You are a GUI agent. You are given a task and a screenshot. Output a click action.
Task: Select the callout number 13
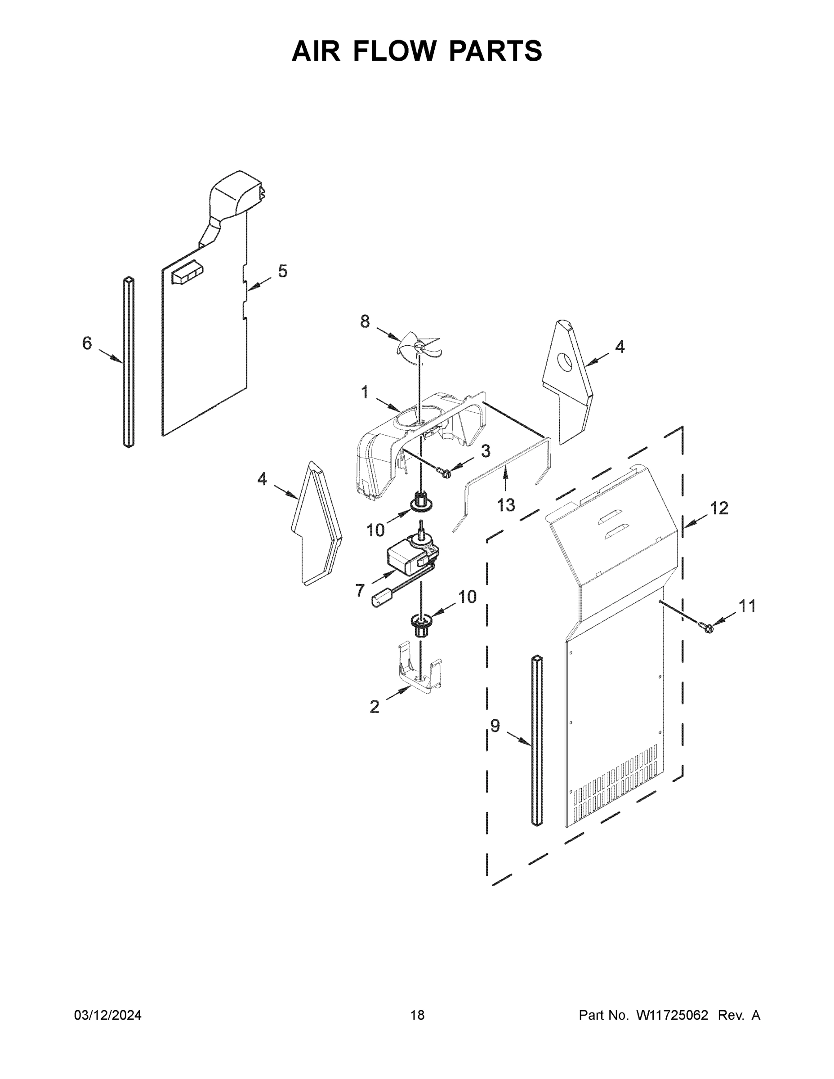[x=505, y=505]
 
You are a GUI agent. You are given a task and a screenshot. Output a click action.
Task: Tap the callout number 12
[x=719, y=508]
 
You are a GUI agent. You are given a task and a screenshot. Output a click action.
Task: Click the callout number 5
[x=282, y=271]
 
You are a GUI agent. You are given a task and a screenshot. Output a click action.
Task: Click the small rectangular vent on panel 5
[x=187, y=275]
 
